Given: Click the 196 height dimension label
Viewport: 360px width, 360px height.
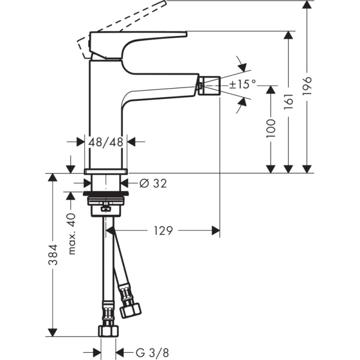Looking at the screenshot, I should (x=308, y=87).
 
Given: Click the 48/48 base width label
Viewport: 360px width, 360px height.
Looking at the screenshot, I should (x=105, y=142).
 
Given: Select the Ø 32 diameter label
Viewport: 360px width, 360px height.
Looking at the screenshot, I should (x=153, y=183).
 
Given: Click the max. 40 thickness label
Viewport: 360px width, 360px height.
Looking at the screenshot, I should (x=73, y=233).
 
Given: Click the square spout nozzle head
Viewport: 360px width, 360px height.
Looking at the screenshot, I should (x=210, y=84).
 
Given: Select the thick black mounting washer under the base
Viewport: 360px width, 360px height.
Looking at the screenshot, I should (x=105, y=194).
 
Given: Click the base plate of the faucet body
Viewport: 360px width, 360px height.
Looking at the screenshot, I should (x=105, y=170).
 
